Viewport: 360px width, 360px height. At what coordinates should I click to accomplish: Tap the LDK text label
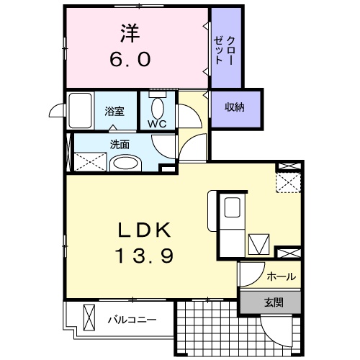coord(144,230)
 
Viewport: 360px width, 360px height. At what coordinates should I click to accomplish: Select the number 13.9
coord(144,255)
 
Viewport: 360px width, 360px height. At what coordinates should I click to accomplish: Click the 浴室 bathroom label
coord(114,111)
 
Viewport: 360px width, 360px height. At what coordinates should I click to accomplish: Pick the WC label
coord(158,123)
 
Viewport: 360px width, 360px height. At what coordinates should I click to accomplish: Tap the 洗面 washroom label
coord(120,143)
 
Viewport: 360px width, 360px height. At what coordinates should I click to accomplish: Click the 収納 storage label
coord(235,108)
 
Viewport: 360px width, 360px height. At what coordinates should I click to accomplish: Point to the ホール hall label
coord(280,276)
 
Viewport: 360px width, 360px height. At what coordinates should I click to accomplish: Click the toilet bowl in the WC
coord(158,107)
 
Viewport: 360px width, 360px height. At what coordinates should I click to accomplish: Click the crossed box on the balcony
coord(90,317)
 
